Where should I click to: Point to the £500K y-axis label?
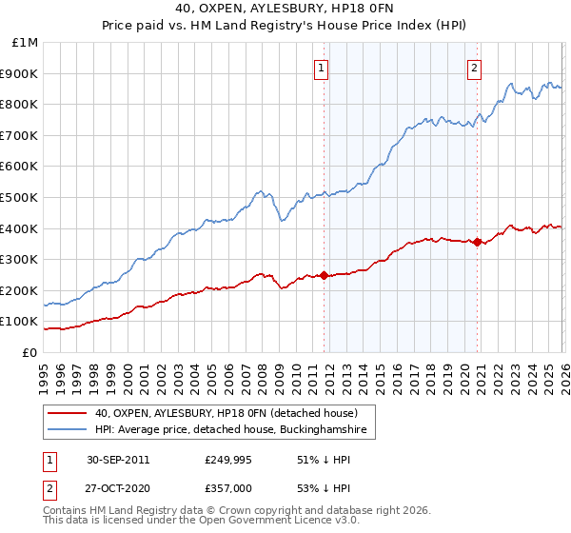(x=21, y=198)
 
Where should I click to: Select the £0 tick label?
(x=30, y=352)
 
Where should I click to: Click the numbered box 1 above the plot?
(x=323, y=68)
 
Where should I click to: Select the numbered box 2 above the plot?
(x=474, y=68)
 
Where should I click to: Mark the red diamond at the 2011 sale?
(x=325, y=275)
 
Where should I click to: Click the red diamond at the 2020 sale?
(x=477, y=242)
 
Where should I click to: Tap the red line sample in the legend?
(x=68, y=413)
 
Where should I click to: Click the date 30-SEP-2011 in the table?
(x=118, y=460)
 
